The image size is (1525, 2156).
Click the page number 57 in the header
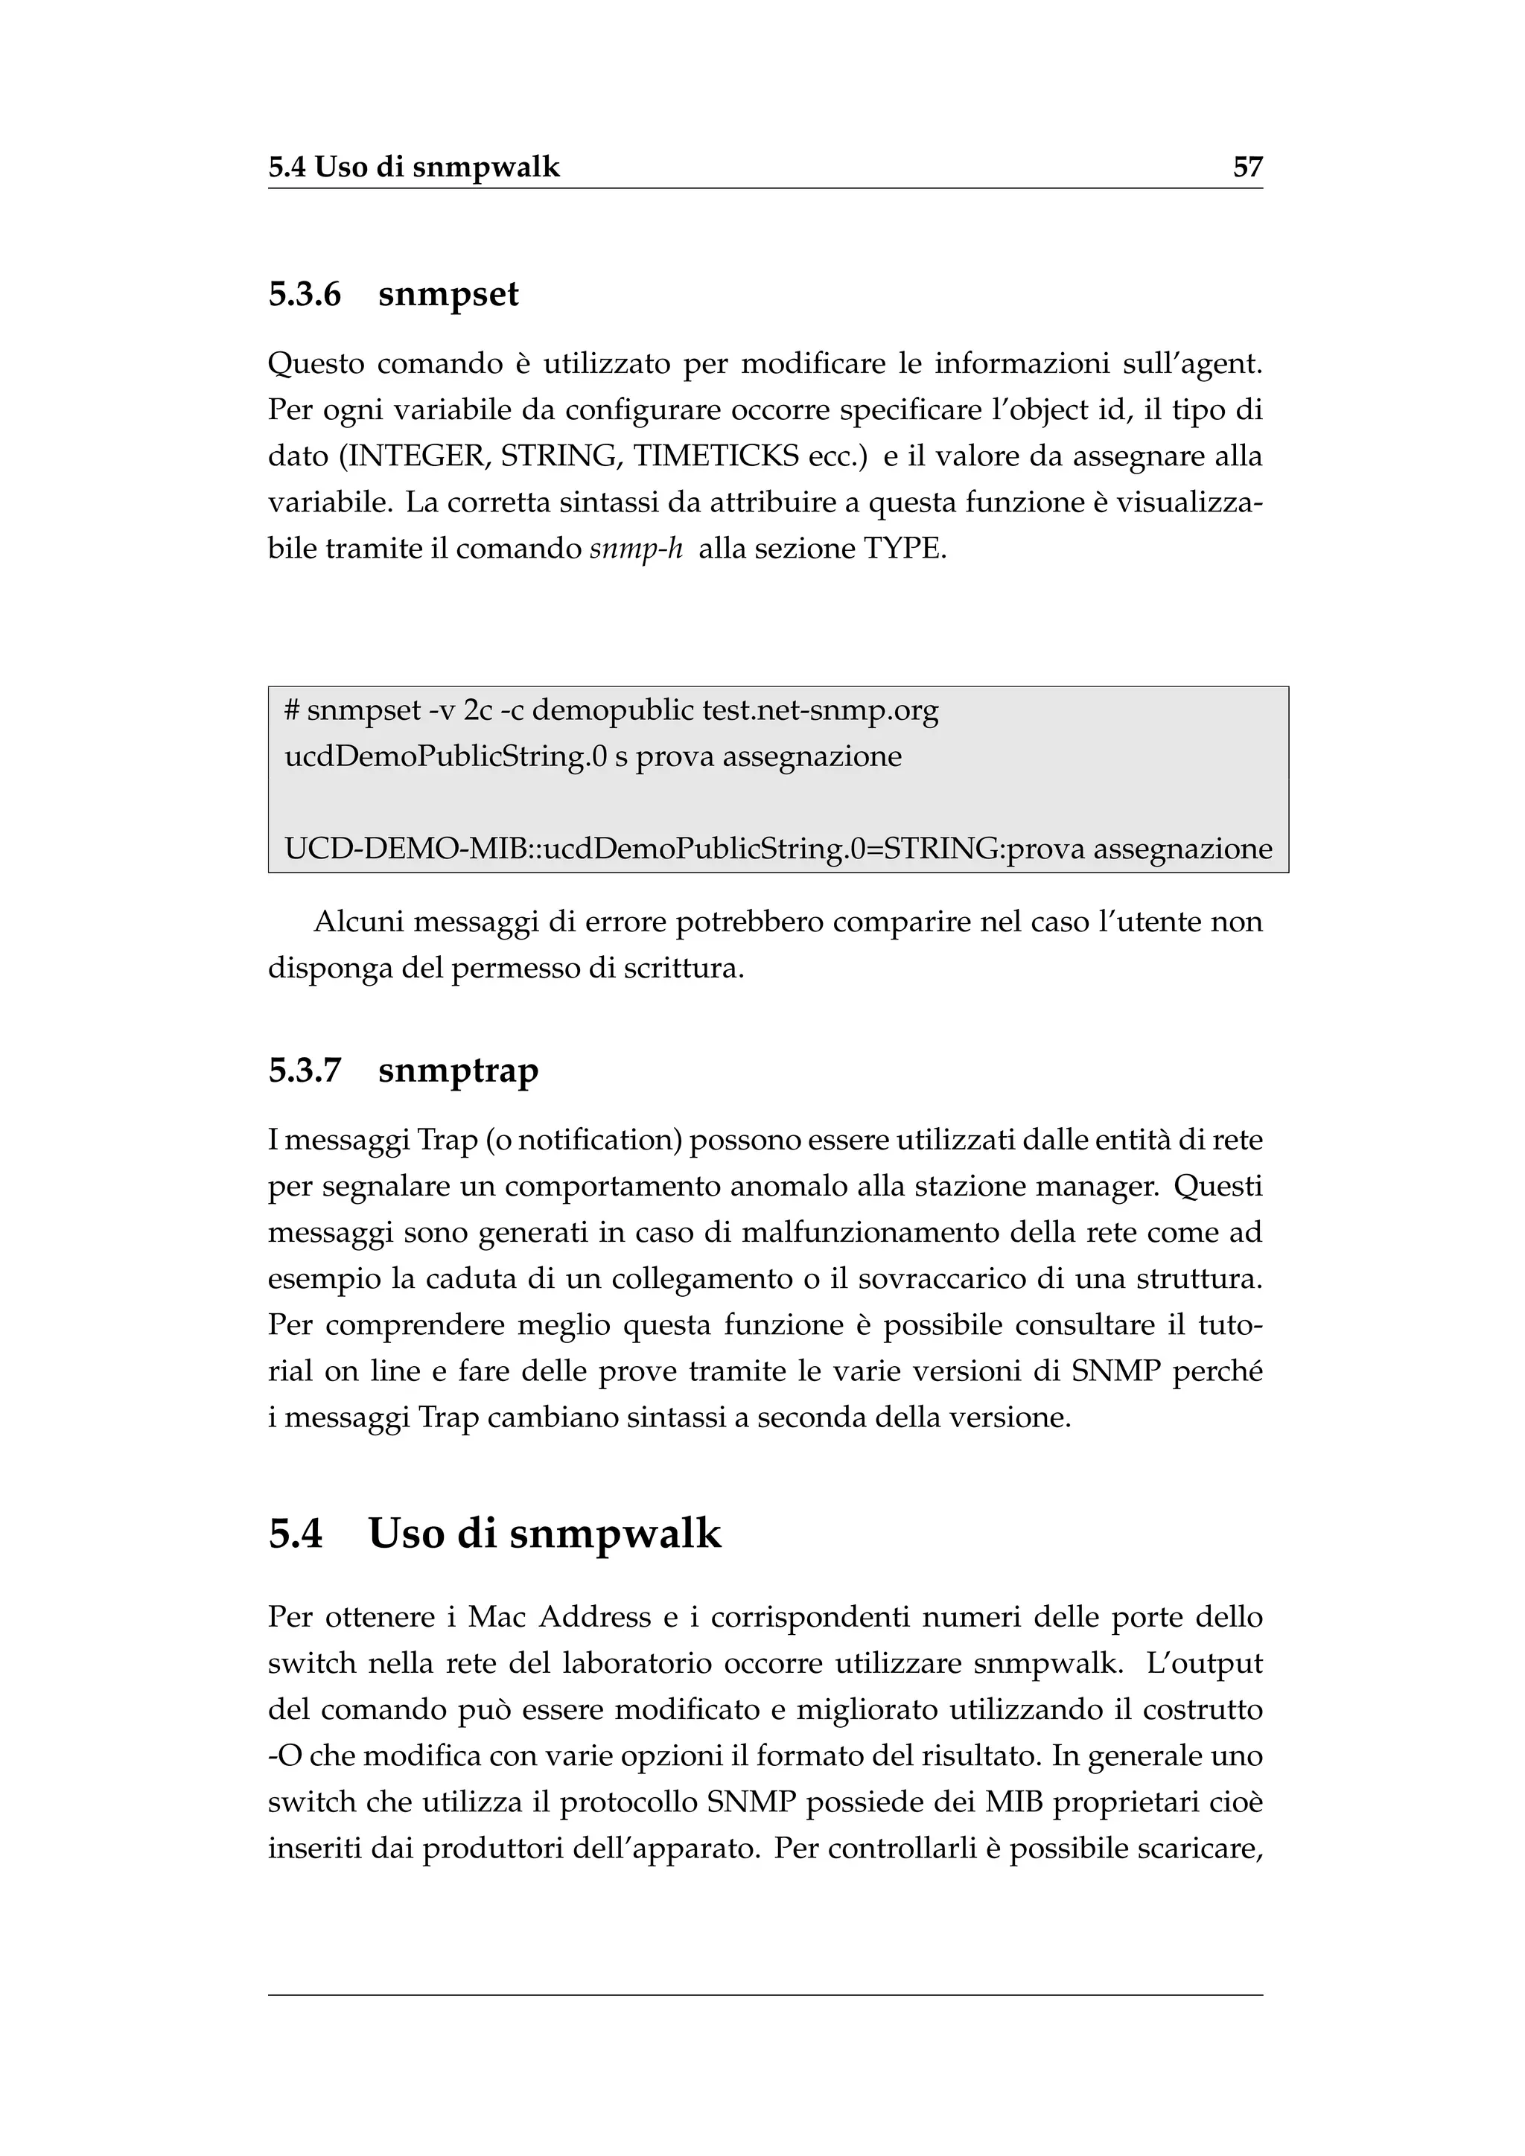point(1247,168)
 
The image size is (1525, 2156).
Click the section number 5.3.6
point(305,295)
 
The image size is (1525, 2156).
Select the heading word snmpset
point(448,295)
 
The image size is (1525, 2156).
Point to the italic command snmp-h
point(636,549)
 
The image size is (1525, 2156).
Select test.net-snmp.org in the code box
point(820,711)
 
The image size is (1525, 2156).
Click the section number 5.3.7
point(305,1071)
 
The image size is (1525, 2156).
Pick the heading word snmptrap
point(458,1071)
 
